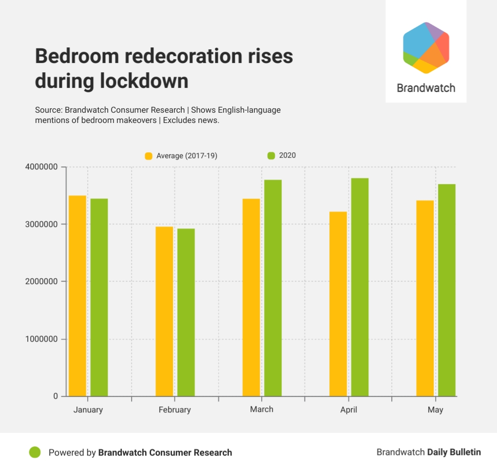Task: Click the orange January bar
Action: click(x=77, y=296)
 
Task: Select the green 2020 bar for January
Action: click(x=99, y=297)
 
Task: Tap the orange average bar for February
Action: click(x=164, y=311)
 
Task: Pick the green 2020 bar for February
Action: click(x=186, y=312)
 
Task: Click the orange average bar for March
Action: click(x=251, y=297)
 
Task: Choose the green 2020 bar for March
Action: click(x=273, y=288)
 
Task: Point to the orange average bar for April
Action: click(x=338, y=304)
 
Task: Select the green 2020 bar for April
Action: click(x=360, y=287)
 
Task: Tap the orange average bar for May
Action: click(x=425, y=298)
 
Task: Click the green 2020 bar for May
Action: click(x=447, y=290)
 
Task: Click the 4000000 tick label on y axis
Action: click(x=41, y=167)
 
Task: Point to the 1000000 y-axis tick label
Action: click(x=41, y=339)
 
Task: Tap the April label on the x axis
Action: click(x=348, y=410)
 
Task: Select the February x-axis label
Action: click(x=174, y=410)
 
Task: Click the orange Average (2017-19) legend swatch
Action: click(x=149, y=156)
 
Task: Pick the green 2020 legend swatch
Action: click(x=271, y=156)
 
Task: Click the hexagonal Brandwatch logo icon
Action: click(x=426, y=48)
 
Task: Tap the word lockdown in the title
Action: click(x=144, y=81)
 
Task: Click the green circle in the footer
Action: click(x=35, y=452)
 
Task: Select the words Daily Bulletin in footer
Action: click(x=454, y=452)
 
